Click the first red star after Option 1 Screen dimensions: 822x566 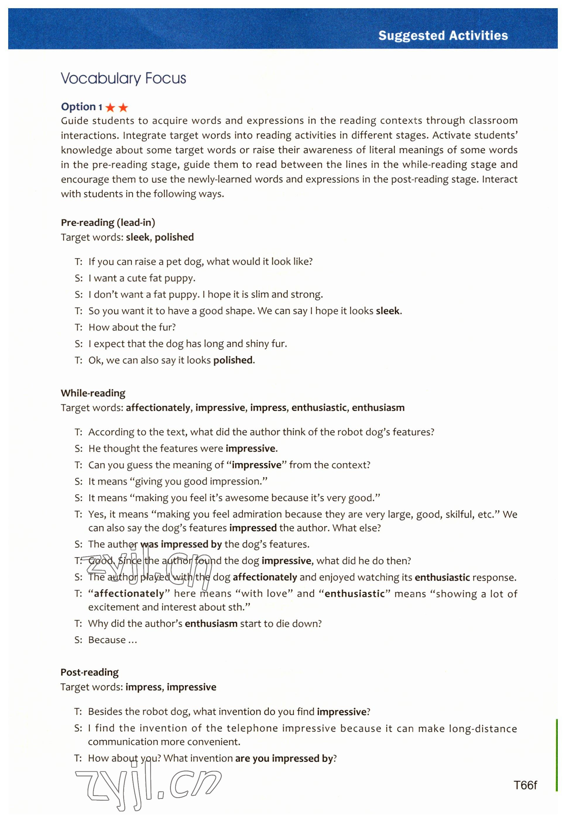click(x=110, y=107)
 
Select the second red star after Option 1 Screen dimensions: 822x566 click(x=123, y=107)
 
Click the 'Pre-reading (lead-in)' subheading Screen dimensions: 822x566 click(x=108, y=222)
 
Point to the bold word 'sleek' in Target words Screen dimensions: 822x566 click(x=138, y=237)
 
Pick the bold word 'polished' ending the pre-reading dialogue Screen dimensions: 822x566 click(x=233, y=360)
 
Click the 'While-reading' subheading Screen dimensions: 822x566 click(x=93, y=393)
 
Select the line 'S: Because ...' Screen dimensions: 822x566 click(x=106, y=640)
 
